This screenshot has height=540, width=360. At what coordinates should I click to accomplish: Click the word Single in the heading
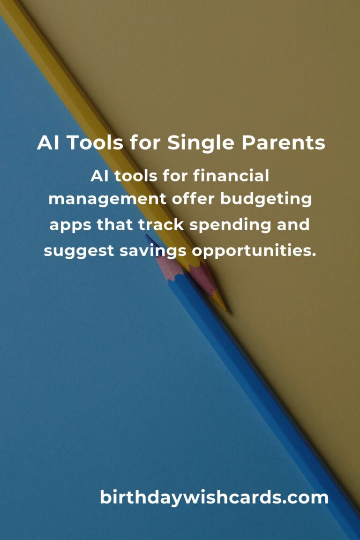[x=202, y=143]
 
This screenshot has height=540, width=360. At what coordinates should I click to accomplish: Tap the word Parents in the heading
[x=283, y=142]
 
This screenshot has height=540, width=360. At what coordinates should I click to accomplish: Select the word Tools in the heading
[x=95, y=142]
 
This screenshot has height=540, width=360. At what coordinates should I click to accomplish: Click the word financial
[x=231, y=176]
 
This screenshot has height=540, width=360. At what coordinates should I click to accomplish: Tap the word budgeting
[x=266, y=200]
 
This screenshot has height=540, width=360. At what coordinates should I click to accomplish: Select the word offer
[x=193, y=199]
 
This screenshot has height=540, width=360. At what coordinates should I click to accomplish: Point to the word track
[x=161, y=225]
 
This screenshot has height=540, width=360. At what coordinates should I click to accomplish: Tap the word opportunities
[x=254, y=251]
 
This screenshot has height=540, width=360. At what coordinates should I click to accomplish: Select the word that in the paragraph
[x=114, y=225]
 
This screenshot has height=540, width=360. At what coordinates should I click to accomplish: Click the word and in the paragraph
[x=293, y=225]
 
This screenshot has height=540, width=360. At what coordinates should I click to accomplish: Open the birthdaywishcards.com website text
[x=214, y=497]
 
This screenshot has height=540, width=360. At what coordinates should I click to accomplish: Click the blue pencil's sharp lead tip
[x=147, y=236]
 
